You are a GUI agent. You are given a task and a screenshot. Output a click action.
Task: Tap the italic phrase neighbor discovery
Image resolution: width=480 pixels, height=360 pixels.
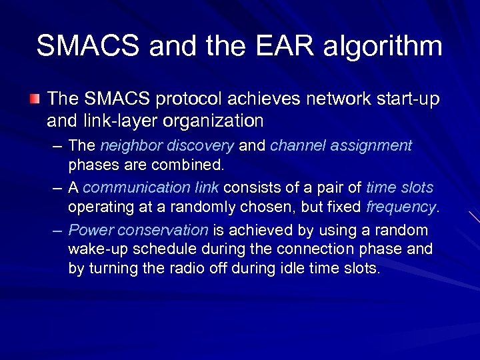(167, 145)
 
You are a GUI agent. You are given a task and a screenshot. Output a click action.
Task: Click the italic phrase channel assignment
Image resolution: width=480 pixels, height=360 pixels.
(341, 145)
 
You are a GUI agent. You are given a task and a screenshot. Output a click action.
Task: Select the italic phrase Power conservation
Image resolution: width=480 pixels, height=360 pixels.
(139, 230)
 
